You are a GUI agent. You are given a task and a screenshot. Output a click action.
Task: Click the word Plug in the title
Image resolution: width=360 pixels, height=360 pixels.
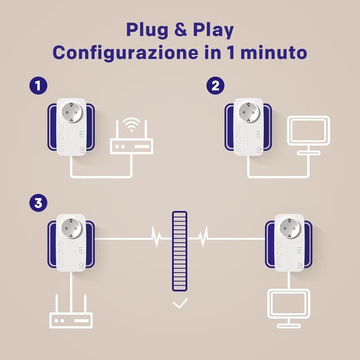pyautogui.click(x=147, y=29)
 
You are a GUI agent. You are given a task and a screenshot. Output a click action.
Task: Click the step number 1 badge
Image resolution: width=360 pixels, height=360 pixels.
pyautogui.click(x=38, y=86)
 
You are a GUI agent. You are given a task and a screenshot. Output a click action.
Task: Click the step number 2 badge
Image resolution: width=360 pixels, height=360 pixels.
pyautogui.click(x=215, y=86)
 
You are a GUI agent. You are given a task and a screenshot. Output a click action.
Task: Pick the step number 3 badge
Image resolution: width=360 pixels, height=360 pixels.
pyautogui.click(x=38, y=202)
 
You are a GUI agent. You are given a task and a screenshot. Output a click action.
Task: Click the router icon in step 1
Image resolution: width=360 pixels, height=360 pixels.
pyautogui.click(x=131, y=147)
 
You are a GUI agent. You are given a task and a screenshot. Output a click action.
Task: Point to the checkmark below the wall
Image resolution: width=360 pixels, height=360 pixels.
pyautogui.click(x=180, y=304)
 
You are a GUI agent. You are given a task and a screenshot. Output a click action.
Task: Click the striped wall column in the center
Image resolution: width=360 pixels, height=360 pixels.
pyautogui.click(x=180, y=250)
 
